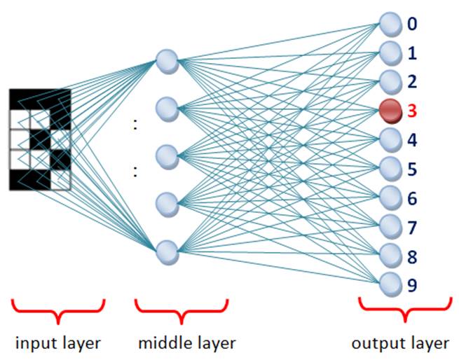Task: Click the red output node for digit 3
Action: point(390,110)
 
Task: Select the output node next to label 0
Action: point(390,25)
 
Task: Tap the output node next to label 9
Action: point(390,284)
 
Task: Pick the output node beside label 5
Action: point(390,168)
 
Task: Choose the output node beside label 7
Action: point(390,226)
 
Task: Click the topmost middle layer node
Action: point(167,60)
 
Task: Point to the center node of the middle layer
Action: point(167,155)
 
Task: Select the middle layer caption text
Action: point(186,343)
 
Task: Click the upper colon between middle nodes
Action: point(135,125)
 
